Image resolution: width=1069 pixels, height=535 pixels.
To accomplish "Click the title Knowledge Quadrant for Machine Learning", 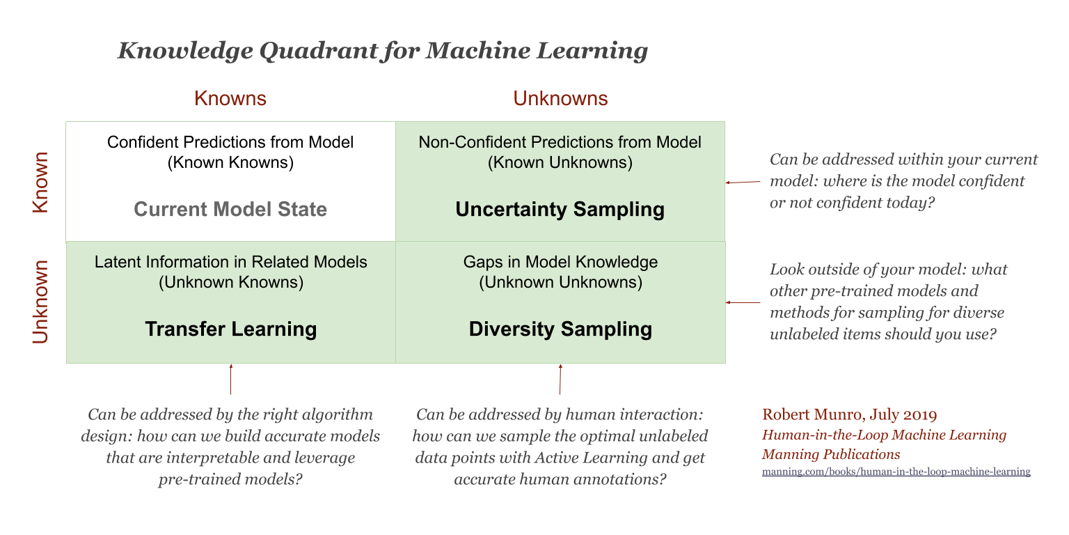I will point(383,51).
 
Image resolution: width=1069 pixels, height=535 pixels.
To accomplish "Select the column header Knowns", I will point(230,98).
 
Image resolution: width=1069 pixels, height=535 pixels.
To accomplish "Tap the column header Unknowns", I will point(560,98).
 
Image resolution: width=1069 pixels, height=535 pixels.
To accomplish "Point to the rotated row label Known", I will point(41,182).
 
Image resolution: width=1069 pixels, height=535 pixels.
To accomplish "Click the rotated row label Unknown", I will point(41,302).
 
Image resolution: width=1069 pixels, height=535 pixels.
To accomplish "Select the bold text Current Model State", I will point(230,209).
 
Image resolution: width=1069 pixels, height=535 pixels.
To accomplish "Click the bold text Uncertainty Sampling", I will point(560,209).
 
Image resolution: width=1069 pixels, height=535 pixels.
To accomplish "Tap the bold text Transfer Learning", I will point(230,329).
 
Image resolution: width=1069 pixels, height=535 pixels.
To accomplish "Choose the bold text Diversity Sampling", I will point(560,329).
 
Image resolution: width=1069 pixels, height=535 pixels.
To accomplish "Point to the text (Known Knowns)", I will point(230,163).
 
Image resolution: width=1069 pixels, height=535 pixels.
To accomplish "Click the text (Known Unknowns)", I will point(560,163).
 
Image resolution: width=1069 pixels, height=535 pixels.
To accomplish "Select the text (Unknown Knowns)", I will point(230,283).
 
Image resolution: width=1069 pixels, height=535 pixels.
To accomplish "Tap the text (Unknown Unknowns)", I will point(560,283).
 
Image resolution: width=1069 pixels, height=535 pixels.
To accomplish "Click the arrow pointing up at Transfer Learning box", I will point(230,379).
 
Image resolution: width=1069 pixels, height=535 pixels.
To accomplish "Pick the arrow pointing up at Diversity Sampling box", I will point(560,379).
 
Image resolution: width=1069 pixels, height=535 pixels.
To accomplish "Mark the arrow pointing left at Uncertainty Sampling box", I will point(743,182).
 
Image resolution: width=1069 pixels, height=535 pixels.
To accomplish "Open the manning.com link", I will point(896,472).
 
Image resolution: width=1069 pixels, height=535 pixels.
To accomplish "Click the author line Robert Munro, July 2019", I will point(850,415).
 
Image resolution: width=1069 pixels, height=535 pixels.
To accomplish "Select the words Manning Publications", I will point(831,454).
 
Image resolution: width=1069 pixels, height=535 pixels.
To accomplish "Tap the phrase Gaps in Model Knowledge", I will point(560,263).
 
